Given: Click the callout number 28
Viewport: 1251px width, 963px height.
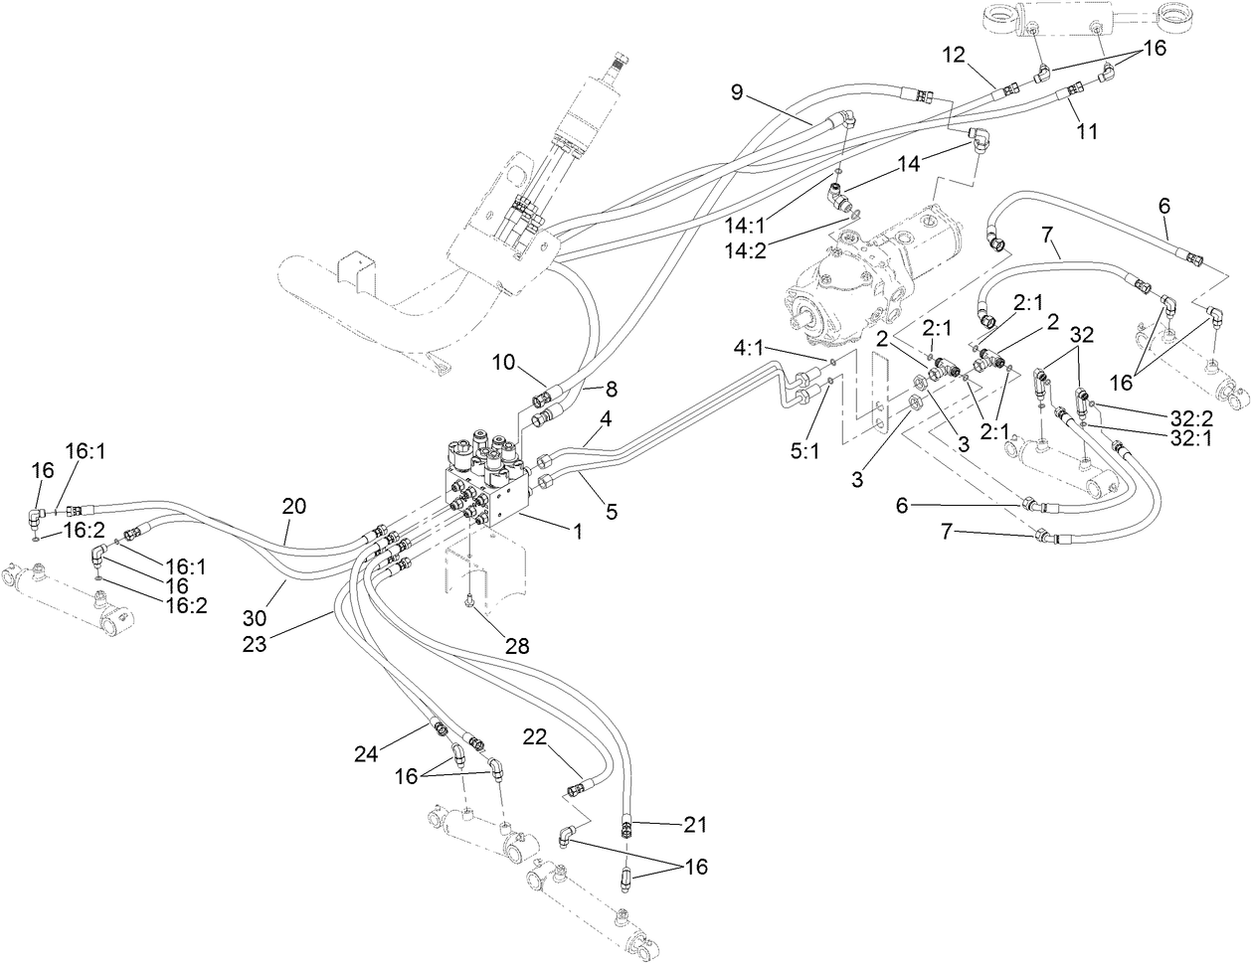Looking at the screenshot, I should coord(517,646).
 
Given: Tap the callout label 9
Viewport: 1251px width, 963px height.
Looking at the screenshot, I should coord(737,93).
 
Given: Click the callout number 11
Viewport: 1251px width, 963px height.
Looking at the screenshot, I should coord(1088,130).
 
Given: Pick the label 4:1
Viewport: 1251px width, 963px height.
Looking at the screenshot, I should coord(751,348).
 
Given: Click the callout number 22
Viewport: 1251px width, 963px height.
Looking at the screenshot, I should coord(535,735).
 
